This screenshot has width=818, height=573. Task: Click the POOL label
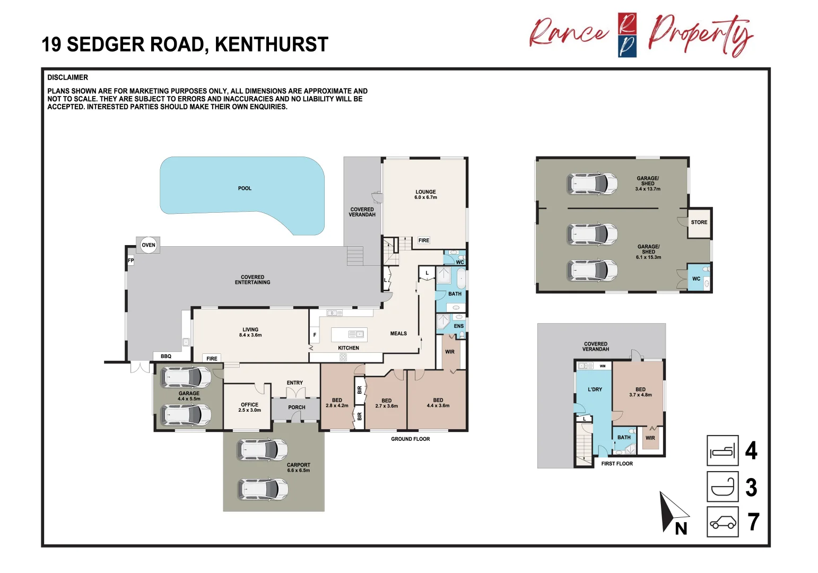point(245,188)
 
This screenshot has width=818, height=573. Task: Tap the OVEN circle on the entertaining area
point(149,245)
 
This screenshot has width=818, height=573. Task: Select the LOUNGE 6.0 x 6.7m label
point(425,195)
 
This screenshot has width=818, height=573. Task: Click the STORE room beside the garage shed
point(699,222)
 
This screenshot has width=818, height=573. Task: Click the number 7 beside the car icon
point(753,522)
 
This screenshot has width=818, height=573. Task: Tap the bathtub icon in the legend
point(723,487)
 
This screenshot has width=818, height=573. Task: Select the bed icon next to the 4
point(723,451)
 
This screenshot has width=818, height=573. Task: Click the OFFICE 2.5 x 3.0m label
point(249,407)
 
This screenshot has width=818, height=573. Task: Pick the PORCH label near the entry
point(297,407)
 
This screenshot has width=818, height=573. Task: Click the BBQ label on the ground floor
point(166,357)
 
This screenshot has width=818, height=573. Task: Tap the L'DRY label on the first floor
point(595,389)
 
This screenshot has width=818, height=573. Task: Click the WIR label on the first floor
point(650,438)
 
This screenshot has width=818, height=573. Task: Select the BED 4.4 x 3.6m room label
point(438,403)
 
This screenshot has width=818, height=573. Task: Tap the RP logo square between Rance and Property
point(627,35)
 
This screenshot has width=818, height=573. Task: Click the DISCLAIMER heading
point(68,77)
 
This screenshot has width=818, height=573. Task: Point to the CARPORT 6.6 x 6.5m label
point(298,467)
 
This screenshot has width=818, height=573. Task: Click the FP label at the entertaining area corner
point(130,261)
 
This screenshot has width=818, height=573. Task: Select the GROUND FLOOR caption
point(410,439)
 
